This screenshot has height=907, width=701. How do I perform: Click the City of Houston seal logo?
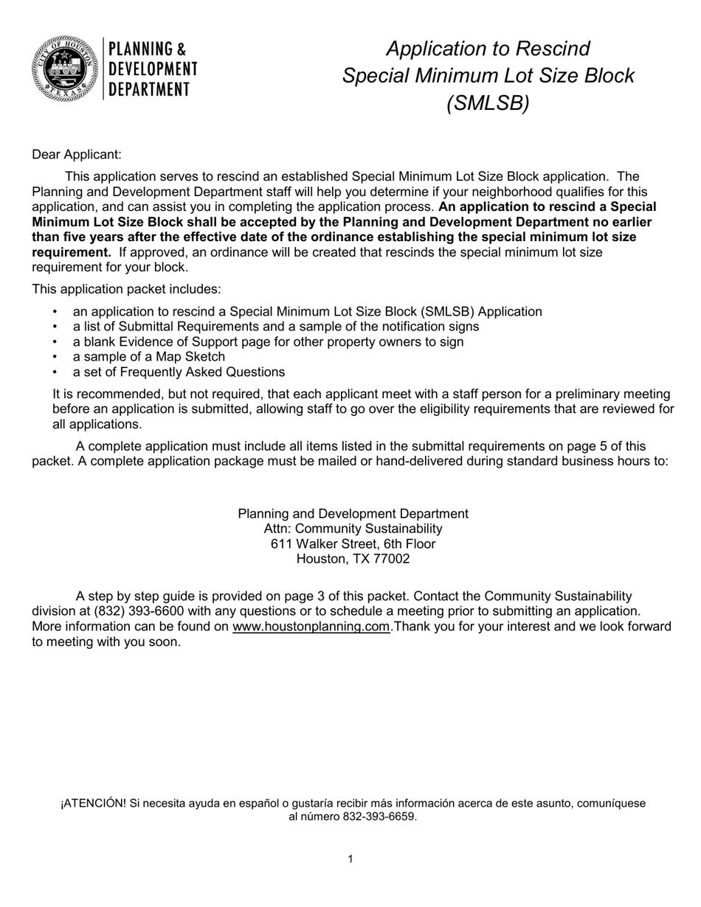[65, 68]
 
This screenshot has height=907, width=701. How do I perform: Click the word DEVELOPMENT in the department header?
[153, 69]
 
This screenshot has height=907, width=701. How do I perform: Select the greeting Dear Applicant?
[77, 155]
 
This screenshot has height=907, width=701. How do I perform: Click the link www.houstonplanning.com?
[311, 627]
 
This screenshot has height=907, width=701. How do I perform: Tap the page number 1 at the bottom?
[350, 859]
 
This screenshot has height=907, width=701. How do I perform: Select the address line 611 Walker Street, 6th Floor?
[353, 544]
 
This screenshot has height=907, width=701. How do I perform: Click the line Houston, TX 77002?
[353, 559]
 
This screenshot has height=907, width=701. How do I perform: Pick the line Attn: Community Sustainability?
[353, 529]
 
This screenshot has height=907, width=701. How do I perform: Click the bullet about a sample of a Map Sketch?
[148, 357]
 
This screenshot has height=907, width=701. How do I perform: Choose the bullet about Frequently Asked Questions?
[179, 372]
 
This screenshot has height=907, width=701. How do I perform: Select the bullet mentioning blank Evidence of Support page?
[268, 342]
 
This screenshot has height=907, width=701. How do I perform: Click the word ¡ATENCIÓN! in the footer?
[93, 804]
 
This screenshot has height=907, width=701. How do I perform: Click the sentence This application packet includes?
[126, 289]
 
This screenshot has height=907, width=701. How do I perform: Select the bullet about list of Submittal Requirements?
[275, 327]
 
